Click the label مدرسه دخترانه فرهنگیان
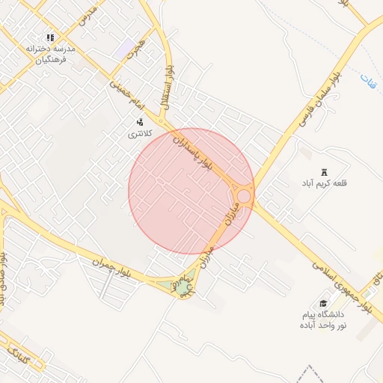51,52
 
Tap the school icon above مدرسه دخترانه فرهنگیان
50,37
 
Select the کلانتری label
140,133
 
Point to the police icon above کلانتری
139,121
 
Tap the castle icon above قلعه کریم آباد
323,171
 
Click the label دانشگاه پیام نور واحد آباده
322,320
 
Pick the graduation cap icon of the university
323,303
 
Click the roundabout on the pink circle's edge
243,196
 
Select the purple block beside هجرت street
123,51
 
